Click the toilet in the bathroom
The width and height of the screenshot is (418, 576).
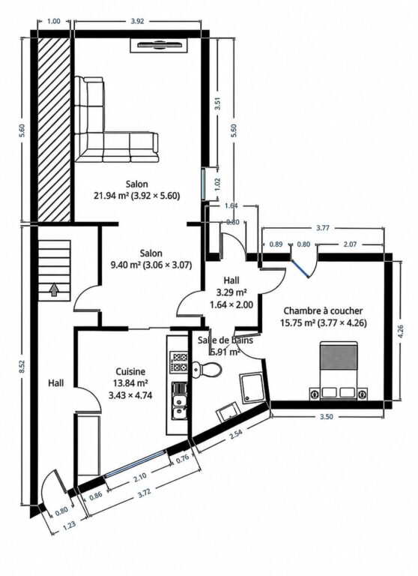coord(207,369)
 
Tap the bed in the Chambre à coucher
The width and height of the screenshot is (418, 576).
coord(339,370)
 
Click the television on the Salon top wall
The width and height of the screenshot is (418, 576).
coord(160,46)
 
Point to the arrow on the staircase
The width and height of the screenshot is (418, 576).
coord(54,289)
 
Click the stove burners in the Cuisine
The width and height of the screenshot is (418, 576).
coord(179,361)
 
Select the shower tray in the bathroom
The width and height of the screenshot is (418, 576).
coord(251,389)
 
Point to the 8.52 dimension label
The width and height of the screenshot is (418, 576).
coord(22,367)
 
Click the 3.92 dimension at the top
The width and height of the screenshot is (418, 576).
coord(137,21)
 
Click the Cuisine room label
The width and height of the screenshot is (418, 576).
coord(130,371)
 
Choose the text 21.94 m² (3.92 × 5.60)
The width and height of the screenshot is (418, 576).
coord(137,196)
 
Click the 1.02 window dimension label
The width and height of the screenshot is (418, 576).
coord(217,184)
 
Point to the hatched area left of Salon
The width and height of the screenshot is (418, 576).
coord(54,128)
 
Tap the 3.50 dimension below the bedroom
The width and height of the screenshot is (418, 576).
coord(327,416)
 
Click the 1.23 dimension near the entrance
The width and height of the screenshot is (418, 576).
coord(69,524)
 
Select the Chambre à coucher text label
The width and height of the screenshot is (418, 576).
coord(323,310)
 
